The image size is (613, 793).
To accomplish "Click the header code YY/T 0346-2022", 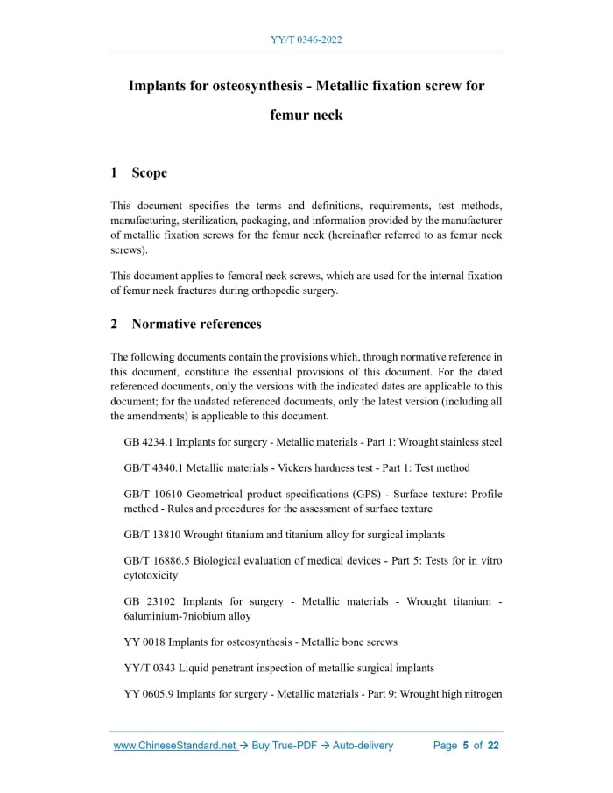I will coord(306,40).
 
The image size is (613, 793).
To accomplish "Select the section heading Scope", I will coord(149,172).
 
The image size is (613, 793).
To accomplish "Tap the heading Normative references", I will coord(196,324).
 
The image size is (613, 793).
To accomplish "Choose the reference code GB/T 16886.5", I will coord(159,560).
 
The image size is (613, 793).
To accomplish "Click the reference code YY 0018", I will coord(144,642).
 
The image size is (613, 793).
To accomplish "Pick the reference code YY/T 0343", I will coord(149,668).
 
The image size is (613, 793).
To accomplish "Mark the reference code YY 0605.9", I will coord(149,694).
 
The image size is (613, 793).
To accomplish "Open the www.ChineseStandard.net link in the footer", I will coord(175,746).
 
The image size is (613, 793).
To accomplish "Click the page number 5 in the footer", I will coord(466,746).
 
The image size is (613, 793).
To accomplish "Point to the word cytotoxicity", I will coord(151,575).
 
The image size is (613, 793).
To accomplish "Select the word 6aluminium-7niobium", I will coord(174,615).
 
